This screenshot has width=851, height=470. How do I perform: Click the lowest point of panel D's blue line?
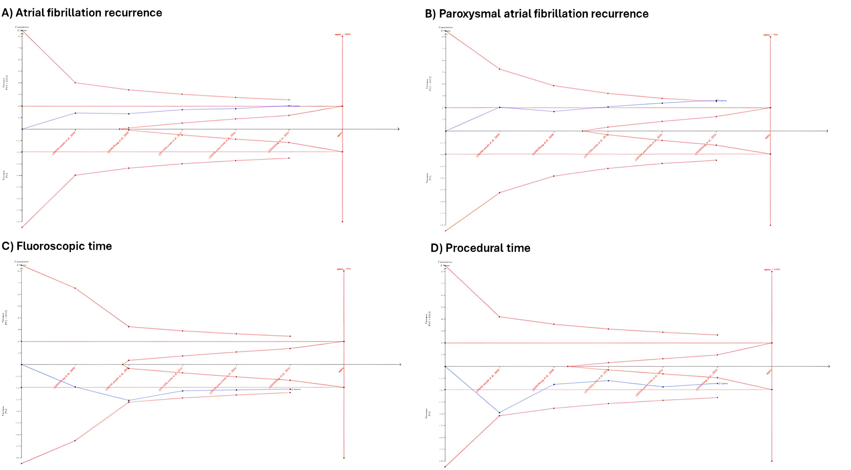(x=499, y=413)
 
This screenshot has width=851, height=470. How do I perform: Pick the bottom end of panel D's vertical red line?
(x=772, y=461)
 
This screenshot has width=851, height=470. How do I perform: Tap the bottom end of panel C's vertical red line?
(x=344, y=458)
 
